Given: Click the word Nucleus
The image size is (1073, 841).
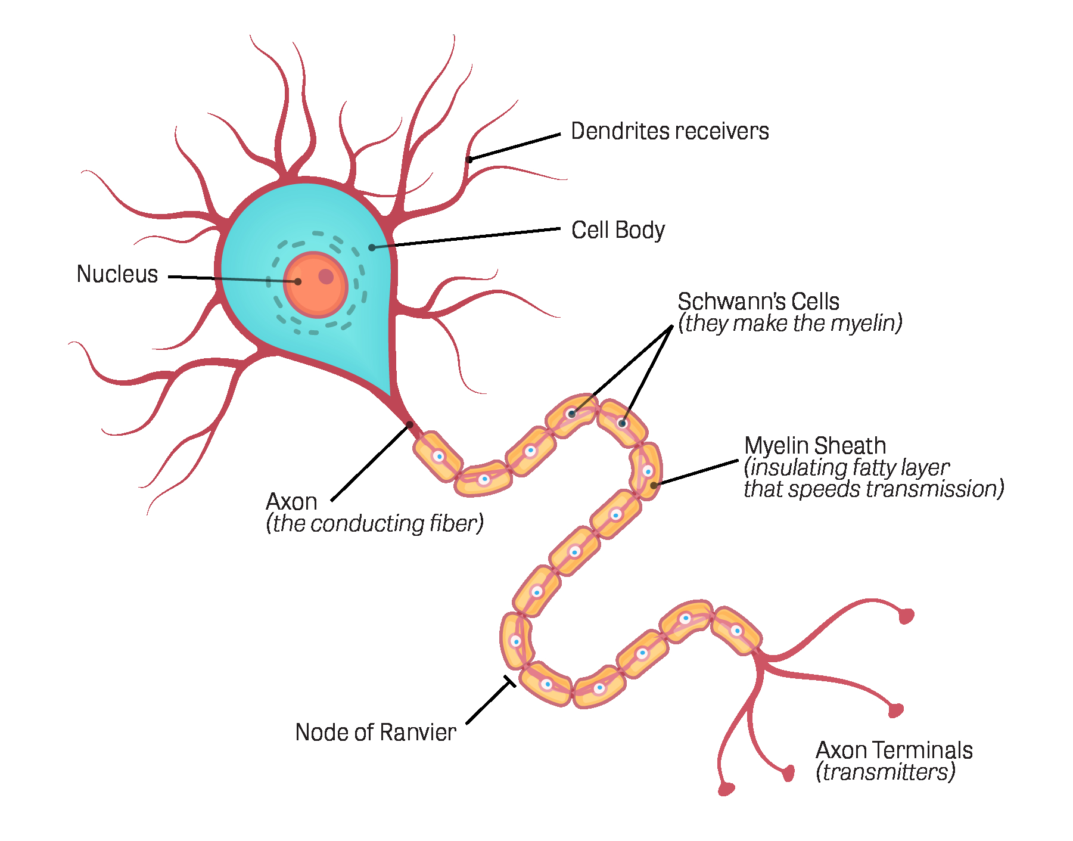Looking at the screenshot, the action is pos(117,274).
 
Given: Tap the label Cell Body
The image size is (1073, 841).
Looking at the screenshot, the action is pos(618,231).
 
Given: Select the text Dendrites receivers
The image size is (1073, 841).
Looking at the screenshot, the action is pos(670,131).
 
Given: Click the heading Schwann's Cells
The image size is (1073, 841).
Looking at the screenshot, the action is pos(758,302).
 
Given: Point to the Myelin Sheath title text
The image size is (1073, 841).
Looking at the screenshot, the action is pos(815,446).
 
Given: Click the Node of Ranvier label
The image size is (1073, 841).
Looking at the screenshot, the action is pos(375,733).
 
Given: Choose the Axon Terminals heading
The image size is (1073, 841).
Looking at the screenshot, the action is pos(894,750).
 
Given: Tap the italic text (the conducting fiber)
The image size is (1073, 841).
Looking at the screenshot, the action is pos(375,523).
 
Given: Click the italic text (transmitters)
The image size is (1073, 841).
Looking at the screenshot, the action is pos(885,772).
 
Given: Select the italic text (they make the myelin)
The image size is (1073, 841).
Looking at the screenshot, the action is pos(790,323).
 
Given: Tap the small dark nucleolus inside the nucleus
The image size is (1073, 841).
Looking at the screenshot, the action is pos(326,276).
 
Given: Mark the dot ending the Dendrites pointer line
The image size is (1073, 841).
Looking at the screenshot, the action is pos(469,159).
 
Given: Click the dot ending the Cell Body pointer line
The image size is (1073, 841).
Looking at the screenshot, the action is pos(372,247).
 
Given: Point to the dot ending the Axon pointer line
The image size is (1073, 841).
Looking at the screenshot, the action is pos(410,424).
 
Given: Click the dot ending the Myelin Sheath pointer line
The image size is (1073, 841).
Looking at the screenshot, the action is pos(654,485).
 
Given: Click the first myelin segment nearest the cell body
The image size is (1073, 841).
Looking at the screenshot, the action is pos(438,457).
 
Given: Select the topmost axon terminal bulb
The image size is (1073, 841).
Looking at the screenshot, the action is pos(906,616).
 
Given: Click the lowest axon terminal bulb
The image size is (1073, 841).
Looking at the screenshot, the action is pos(726,789).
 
